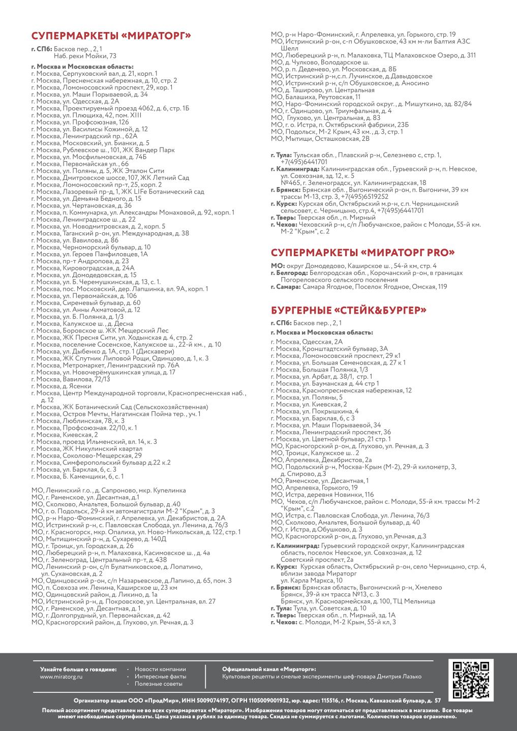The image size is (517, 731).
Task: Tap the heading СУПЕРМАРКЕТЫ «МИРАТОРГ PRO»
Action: [362, 253]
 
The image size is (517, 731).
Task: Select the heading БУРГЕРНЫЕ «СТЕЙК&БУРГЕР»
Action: [348, 310]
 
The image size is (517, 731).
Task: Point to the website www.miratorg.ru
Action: [61, 677]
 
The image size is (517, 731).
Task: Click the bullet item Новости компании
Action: [160, 669]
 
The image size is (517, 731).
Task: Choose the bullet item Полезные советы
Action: [158, 684]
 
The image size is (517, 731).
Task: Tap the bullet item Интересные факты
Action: [160, 677]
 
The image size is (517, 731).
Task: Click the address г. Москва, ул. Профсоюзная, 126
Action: [80, 122]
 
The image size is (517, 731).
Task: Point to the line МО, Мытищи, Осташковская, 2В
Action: [320, 138]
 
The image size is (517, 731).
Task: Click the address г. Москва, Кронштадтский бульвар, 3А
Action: [329, 349]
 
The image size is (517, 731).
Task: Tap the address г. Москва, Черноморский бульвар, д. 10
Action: [90, 247]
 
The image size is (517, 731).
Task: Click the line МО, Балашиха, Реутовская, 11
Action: [316, 97]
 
